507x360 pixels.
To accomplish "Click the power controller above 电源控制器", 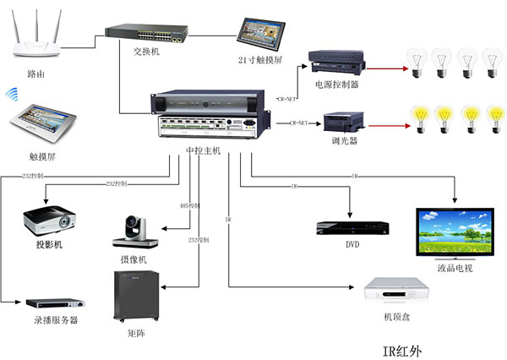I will point(335,62).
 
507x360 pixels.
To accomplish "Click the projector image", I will point(52,221).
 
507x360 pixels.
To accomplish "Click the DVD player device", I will point(352,227).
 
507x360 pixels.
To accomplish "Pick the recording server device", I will point(57,303).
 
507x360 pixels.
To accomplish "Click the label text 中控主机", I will point(203,150).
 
